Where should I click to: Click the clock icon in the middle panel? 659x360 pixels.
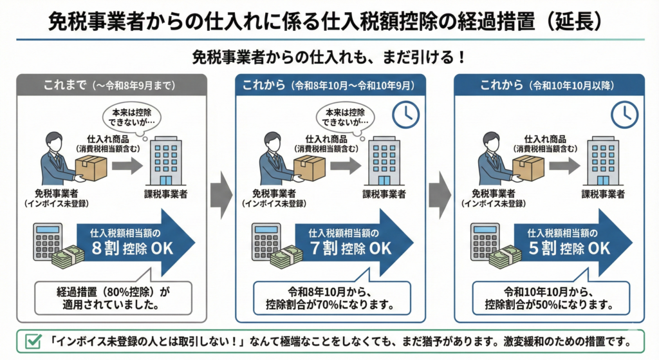point(405,115)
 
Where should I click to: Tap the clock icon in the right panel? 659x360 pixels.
point(624,115)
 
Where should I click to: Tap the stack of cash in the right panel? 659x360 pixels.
point(505,257)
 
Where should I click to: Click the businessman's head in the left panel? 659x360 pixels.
point(57,142)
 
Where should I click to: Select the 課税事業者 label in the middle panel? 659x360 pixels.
point(384,194)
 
